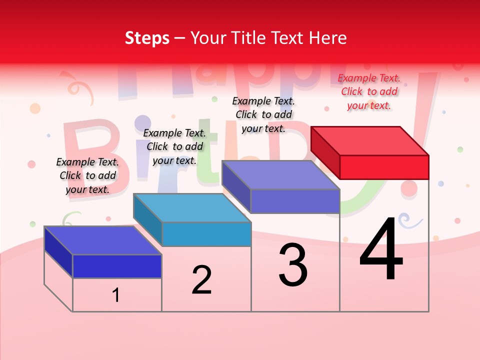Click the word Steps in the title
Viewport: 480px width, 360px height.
(x=147, y=38)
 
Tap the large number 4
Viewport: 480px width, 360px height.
(x=381, y=250)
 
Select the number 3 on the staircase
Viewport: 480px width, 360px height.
(x=293, y=265)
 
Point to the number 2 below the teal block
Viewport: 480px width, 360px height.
(x=201, y=280)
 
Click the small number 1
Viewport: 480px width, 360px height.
(x=115, y=295)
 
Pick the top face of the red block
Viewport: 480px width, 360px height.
(x=370, y=140)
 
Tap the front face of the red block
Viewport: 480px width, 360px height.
(x=384, y=167)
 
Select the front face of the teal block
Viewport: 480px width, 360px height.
(x=206, y=234)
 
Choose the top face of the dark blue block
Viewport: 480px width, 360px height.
(x=103, y=240)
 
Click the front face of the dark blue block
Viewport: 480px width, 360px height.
(x=117, y=266)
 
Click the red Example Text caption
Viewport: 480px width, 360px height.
(x=369, y=91)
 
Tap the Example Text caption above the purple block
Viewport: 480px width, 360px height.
(x=263, y=114)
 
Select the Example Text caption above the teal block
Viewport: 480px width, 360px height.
(x=174, y=146)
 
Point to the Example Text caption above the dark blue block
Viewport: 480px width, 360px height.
(x=87, y=175)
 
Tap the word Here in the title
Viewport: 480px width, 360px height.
(x=327, y=38)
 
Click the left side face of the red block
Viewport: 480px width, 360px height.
(x=325, y=152)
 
